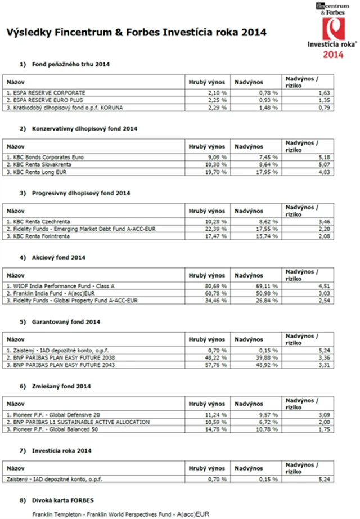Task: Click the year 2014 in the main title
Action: (254, 33)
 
